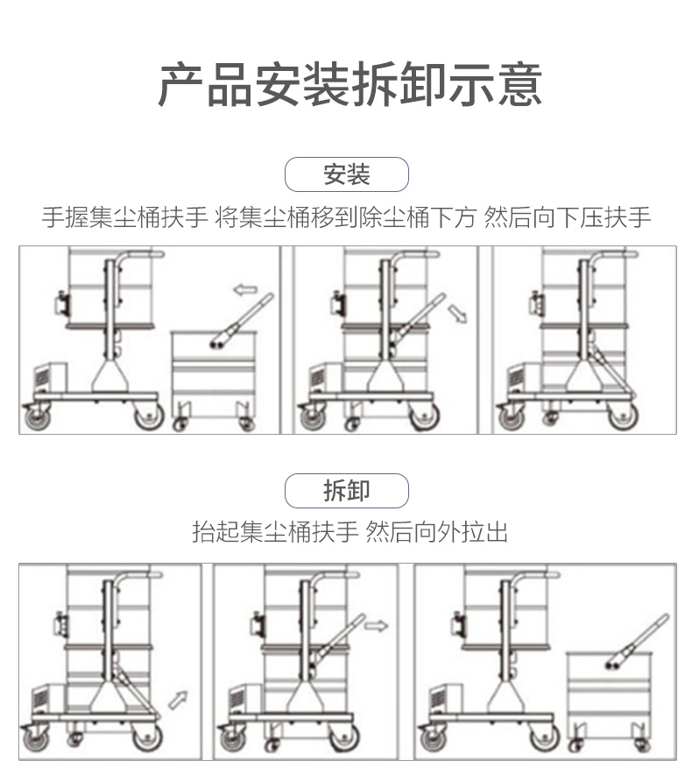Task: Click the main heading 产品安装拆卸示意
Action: coord(350,85)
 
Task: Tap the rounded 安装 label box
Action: coord(347,174)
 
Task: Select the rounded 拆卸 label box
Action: coord(347,491)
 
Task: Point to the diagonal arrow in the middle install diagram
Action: coord(456,313)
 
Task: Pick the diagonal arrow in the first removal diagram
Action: coord(178,699)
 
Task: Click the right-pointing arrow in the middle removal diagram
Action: coord(377,625)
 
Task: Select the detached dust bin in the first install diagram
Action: coord(213,373)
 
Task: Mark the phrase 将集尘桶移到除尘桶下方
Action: coord(346,217)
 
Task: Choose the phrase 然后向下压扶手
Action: coord(568,217)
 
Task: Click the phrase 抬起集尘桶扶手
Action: coord(274,532)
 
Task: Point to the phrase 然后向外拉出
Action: coord(437,532)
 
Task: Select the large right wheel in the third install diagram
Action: coord(623,416)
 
